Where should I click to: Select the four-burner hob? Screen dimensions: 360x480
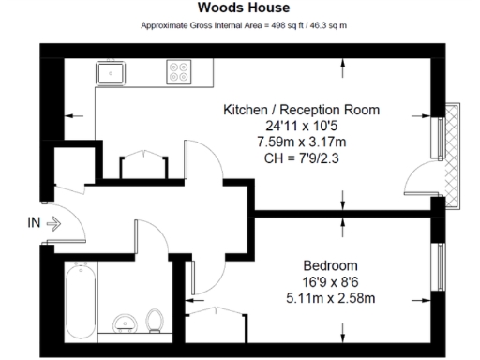(179, 73)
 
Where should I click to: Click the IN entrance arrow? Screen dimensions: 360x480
(52, 224)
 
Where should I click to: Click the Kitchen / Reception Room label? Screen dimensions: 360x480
(301, 110)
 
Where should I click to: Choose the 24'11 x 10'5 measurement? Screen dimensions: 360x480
(301, 126)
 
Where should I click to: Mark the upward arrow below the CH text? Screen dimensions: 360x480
(345, 197)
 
